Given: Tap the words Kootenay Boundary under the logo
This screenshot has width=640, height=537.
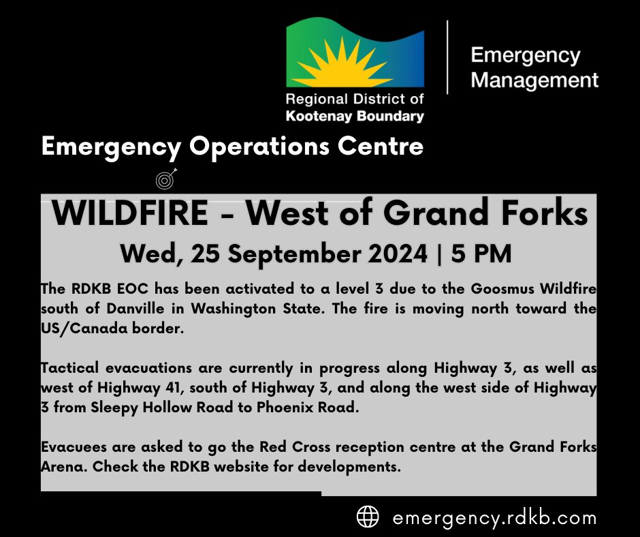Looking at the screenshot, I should tap(355, 117).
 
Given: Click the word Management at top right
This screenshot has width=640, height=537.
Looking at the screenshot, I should tap(534, 80).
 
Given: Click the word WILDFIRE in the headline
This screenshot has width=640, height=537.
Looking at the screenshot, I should tap(130, 214).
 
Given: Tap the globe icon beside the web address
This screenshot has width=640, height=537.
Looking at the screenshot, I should tap(368, 517).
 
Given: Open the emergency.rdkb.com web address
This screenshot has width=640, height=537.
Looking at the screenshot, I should tap(494, 517).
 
